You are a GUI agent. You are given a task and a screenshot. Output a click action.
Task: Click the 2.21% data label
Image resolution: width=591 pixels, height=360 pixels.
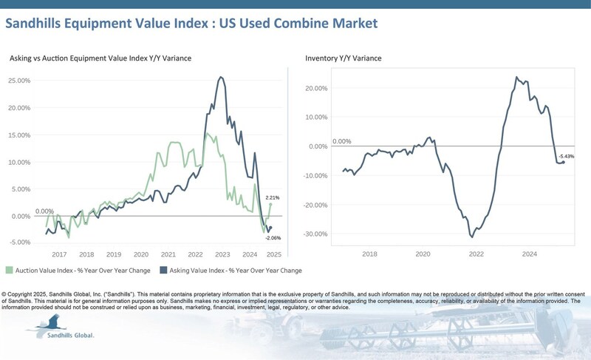[x=273, y=197]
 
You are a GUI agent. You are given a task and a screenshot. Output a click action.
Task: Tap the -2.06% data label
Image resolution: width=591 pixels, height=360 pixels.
[x=273, y=238]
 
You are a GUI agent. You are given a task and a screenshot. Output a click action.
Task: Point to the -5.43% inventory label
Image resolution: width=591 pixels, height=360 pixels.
[x=567, y=157]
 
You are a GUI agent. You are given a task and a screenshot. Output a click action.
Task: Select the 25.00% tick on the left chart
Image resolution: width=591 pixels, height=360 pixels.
[x=19, y=81]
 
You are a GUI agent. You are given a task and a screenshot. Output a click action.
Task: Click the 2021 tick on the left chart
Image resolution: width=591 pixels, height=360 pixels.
[x=168, y=254]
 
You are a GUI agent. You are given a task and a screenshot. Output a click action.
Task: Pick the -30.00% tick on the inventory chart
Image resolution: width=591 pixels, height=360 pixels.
[x=315, y=234]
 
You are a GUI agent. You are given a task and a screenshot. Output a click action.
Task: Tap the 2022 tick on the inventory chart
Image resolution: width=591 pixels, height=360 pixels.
[x=476, y=254]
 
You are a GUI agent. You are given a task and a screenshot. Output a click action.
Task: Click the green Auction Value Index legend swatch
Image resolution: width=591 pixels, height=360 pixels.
[x=9, y=270]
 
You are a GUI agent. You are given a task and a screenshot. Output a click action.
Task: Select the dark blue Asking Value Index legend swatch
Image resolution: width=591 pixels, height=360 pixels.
[x=163, y=270]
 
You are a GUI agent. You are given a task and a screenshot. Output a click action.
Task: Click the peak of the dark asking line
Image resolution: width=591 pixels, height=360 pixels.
[x=221, y=78]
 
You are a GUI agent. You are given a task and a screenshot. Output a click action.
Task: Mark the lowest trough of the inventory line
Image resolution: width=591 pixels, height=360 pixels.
[x=472, y=237]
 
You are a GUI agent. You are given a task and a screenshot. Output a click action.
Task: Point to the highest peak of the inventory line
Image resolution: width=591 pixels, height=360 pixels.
[x=516, y=78]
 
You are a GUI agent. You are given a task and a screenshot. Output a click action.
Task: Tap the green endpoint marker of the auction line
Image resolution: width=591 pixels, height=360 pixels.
[x=270, y=204]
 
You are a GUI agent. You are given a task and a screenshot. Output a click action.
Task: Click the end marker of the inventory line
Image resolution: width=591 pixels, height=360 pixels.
[x=564, y=162]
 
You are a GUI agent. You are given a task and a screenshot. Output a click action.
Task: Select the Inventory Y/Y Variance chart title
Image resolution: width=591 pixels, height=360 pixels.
[x=344, y=58]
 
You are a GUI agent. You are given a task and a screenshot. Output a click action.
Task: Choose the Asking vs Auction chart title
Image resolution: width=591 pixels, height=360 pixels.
[x=100, y=58]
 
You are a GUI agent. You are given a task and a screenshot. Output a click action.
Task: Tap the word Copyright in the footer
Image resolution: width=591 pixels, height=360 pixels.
[x=21, y=294]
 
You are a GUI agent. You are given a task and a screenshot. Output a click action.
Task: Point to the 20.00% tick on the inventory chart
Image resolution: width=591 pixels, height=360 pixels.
[x=317, y=88]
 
